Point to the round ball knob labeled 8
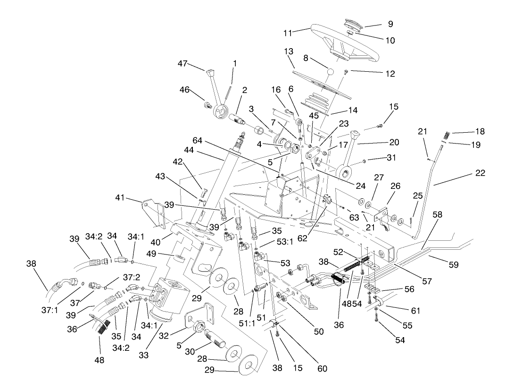[x=330, y=72]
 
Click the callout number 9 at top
[x=390, y=24]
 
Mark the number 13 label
[x=288, y=51]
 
